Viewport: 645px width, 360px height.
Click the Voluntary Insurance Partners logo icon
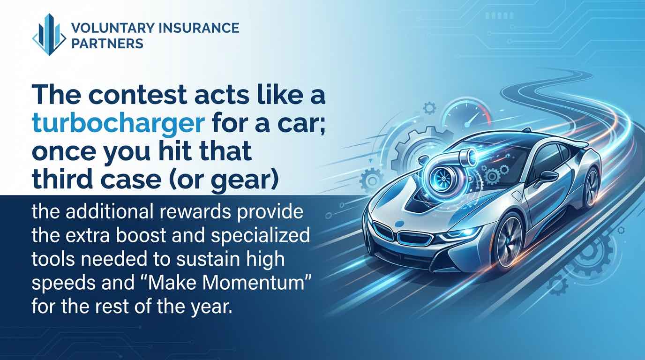49,35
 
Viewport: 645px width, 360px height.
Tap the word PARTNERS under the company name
107,44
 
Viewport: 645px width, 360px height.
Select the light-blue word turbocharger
119,124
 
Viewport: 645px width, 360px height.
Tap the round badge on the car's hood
400,224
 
